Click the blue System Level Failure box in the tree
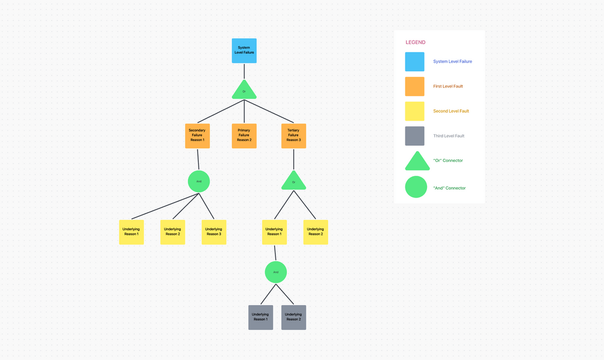pyautogui.click(x=244, y=51)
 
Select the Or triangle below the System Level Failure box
pyautogui.click(x=244, y=91)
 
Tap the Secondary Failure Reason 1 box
pyautogui.click(x=197, y=136)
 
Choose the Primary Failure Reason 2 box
pyautogui.click(x=244, y=136)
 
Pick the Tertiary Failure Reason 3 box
pyautogui.click(x=294, y=136)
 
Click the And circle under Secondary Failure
pyautogui.click(x=199, y=181)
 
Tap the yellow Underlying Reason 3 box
pyautogui.click(x=214, y=232)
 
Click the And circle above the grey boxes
pyautogui.click(x=275, y=272)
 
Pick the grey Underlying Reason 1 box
pyautogui.click(x=260, y=317)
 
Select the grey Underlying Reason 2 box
pyautogui.click(x=294, y=317)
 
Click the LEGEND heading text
pyautogui.click(x=416, y=42)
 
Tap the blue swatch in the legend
pyautogui.click(x=414, y=62)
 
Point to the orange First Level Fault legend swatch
pyautogui.click(x=414, y=86)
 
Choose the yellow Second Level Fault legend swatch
pyautogui.click(x=414, y=111)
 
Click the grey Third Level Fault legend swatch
pyautogui.click(x=414, y=136)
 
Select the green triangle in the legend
pyautogui.click(x=417, y=162)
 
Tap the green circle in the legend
pyautogui.click(x=416, y=187)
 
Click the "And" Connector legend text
pyautogui.click(x=449, y=188)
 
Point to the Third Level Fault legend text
pyautogui.click(x=449, y=136)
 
